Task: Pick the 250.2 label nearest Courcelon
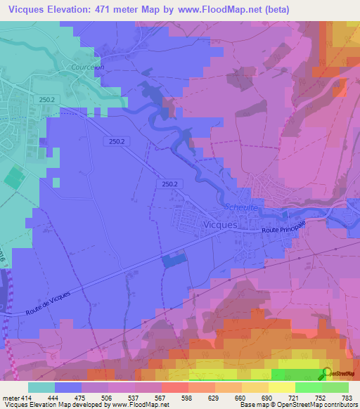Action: click(x=48, y=100)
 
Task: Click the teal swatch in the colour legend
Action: click(x=41, y=387)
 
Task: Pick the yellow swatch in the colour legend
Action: click(x=282, y=387)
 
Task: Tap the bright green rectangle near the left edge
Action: click(x=13, y=177)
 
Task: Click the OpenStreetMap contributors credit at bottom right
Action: click(x=316, y=404)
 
